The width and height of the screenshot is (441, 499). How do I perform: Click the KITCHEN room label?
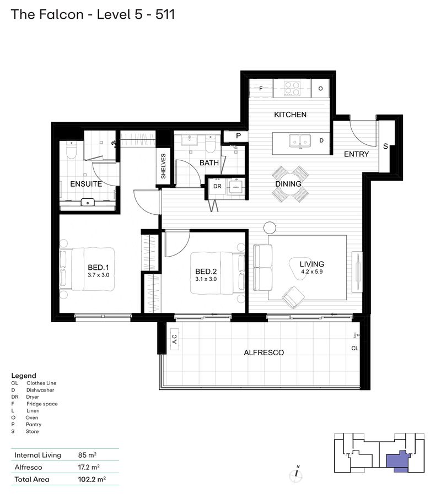pyautogui.click(x=290, y=115)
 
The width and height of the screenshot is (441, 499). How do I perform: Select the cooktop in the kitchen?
pyautogui.click(x=292, y=88)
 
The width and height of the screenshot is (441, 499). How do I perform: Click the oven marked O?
pyautogui.click(x=320, y=88)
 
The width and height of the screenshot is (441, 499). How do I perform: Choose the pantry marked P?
pyautogui.click(x=239, y=135)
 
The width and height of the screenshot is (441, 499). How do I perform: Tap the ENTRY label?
pyautogui.click(x=356, y=154)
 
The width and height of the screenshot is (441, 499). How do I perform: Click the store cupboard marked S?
pyautogui.click(x=385, y=146)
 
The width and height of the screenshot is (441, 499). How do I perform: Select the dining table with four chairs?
pyautogui.click(x=289, y=184)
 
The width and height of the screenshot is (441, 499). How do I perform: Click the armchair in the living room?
pyautogui.click(x=292, y=298)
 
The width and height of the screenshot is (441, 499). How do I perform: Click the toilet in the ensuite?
pyautogui.click(x=71, y=150)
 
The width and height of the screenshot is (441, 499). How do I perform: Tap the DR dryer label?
pyautogui.click(x=217, y=187)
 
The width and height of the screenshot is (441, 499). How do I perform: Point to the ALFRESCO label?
pyautogui.click(x=263, y=352)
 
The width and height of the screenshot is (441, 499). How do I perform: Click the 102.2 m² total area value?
pyautogui.click(x=92, y=479)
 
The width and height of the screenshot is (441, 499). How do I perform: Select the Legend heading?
pyautogui.click(x=24, y=376)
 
